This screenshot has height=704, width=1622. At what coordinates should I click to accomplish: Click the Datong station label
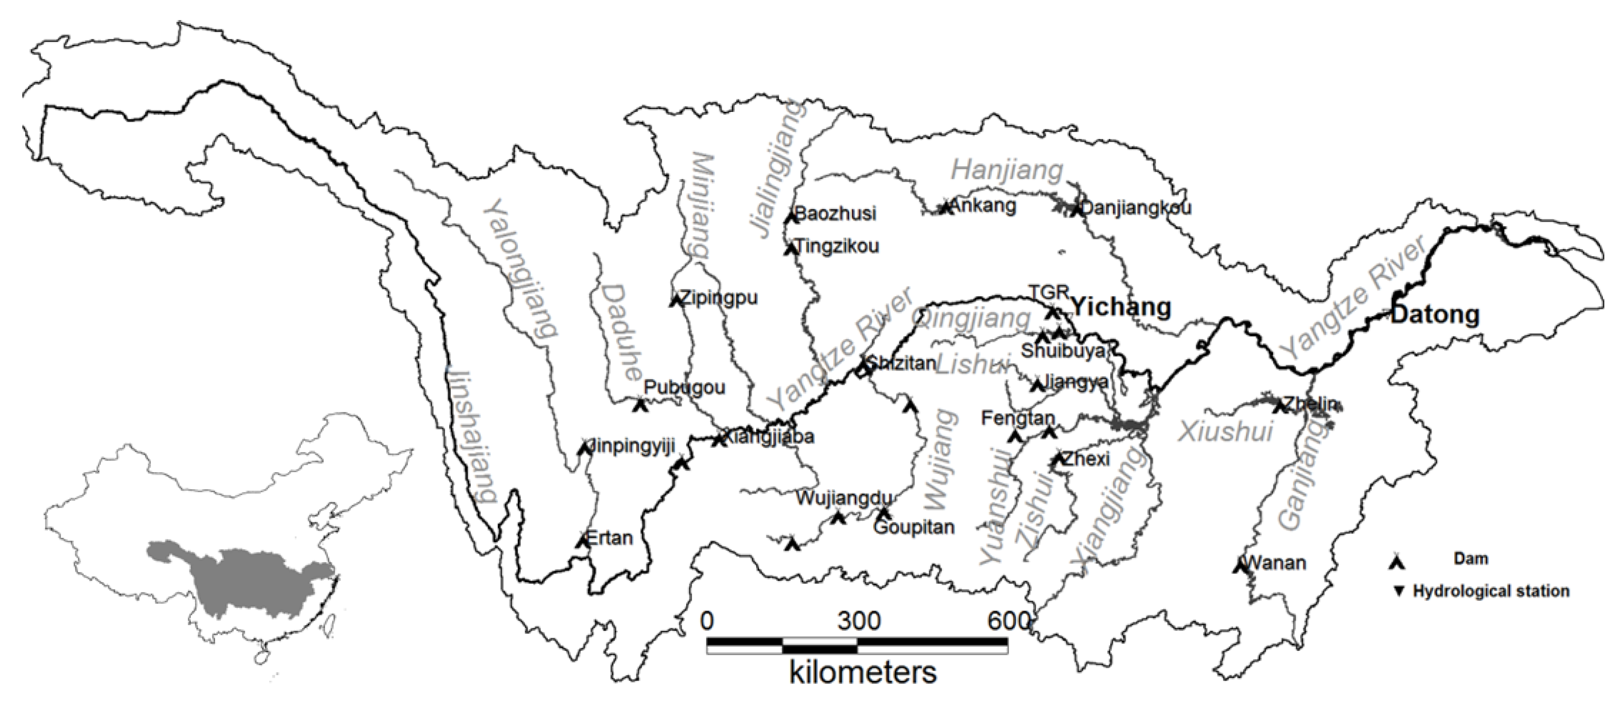(x=1434, y=314)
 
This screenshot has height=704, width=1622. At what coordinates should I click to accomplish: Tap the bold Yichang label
(x=1121, y=307)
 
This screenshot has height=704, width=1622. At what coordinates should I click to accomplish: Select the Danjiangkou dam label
(x=1136, y=208)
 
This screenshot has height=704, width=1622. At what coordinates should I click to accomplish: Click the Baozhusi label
(x=835, y=214)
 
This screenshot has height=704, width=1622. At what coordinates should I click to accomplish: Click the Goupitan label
(x=914, y=527)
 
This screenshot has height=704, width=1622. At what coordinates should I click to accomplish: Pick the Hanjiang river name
(x=1006, y=170)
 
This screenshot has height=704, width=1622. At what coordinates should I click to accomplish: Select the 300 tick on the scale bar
(x=859, y=621)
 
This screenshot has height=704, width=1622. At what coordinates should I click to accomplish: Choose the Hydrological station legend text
(x=1490, y=591)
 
